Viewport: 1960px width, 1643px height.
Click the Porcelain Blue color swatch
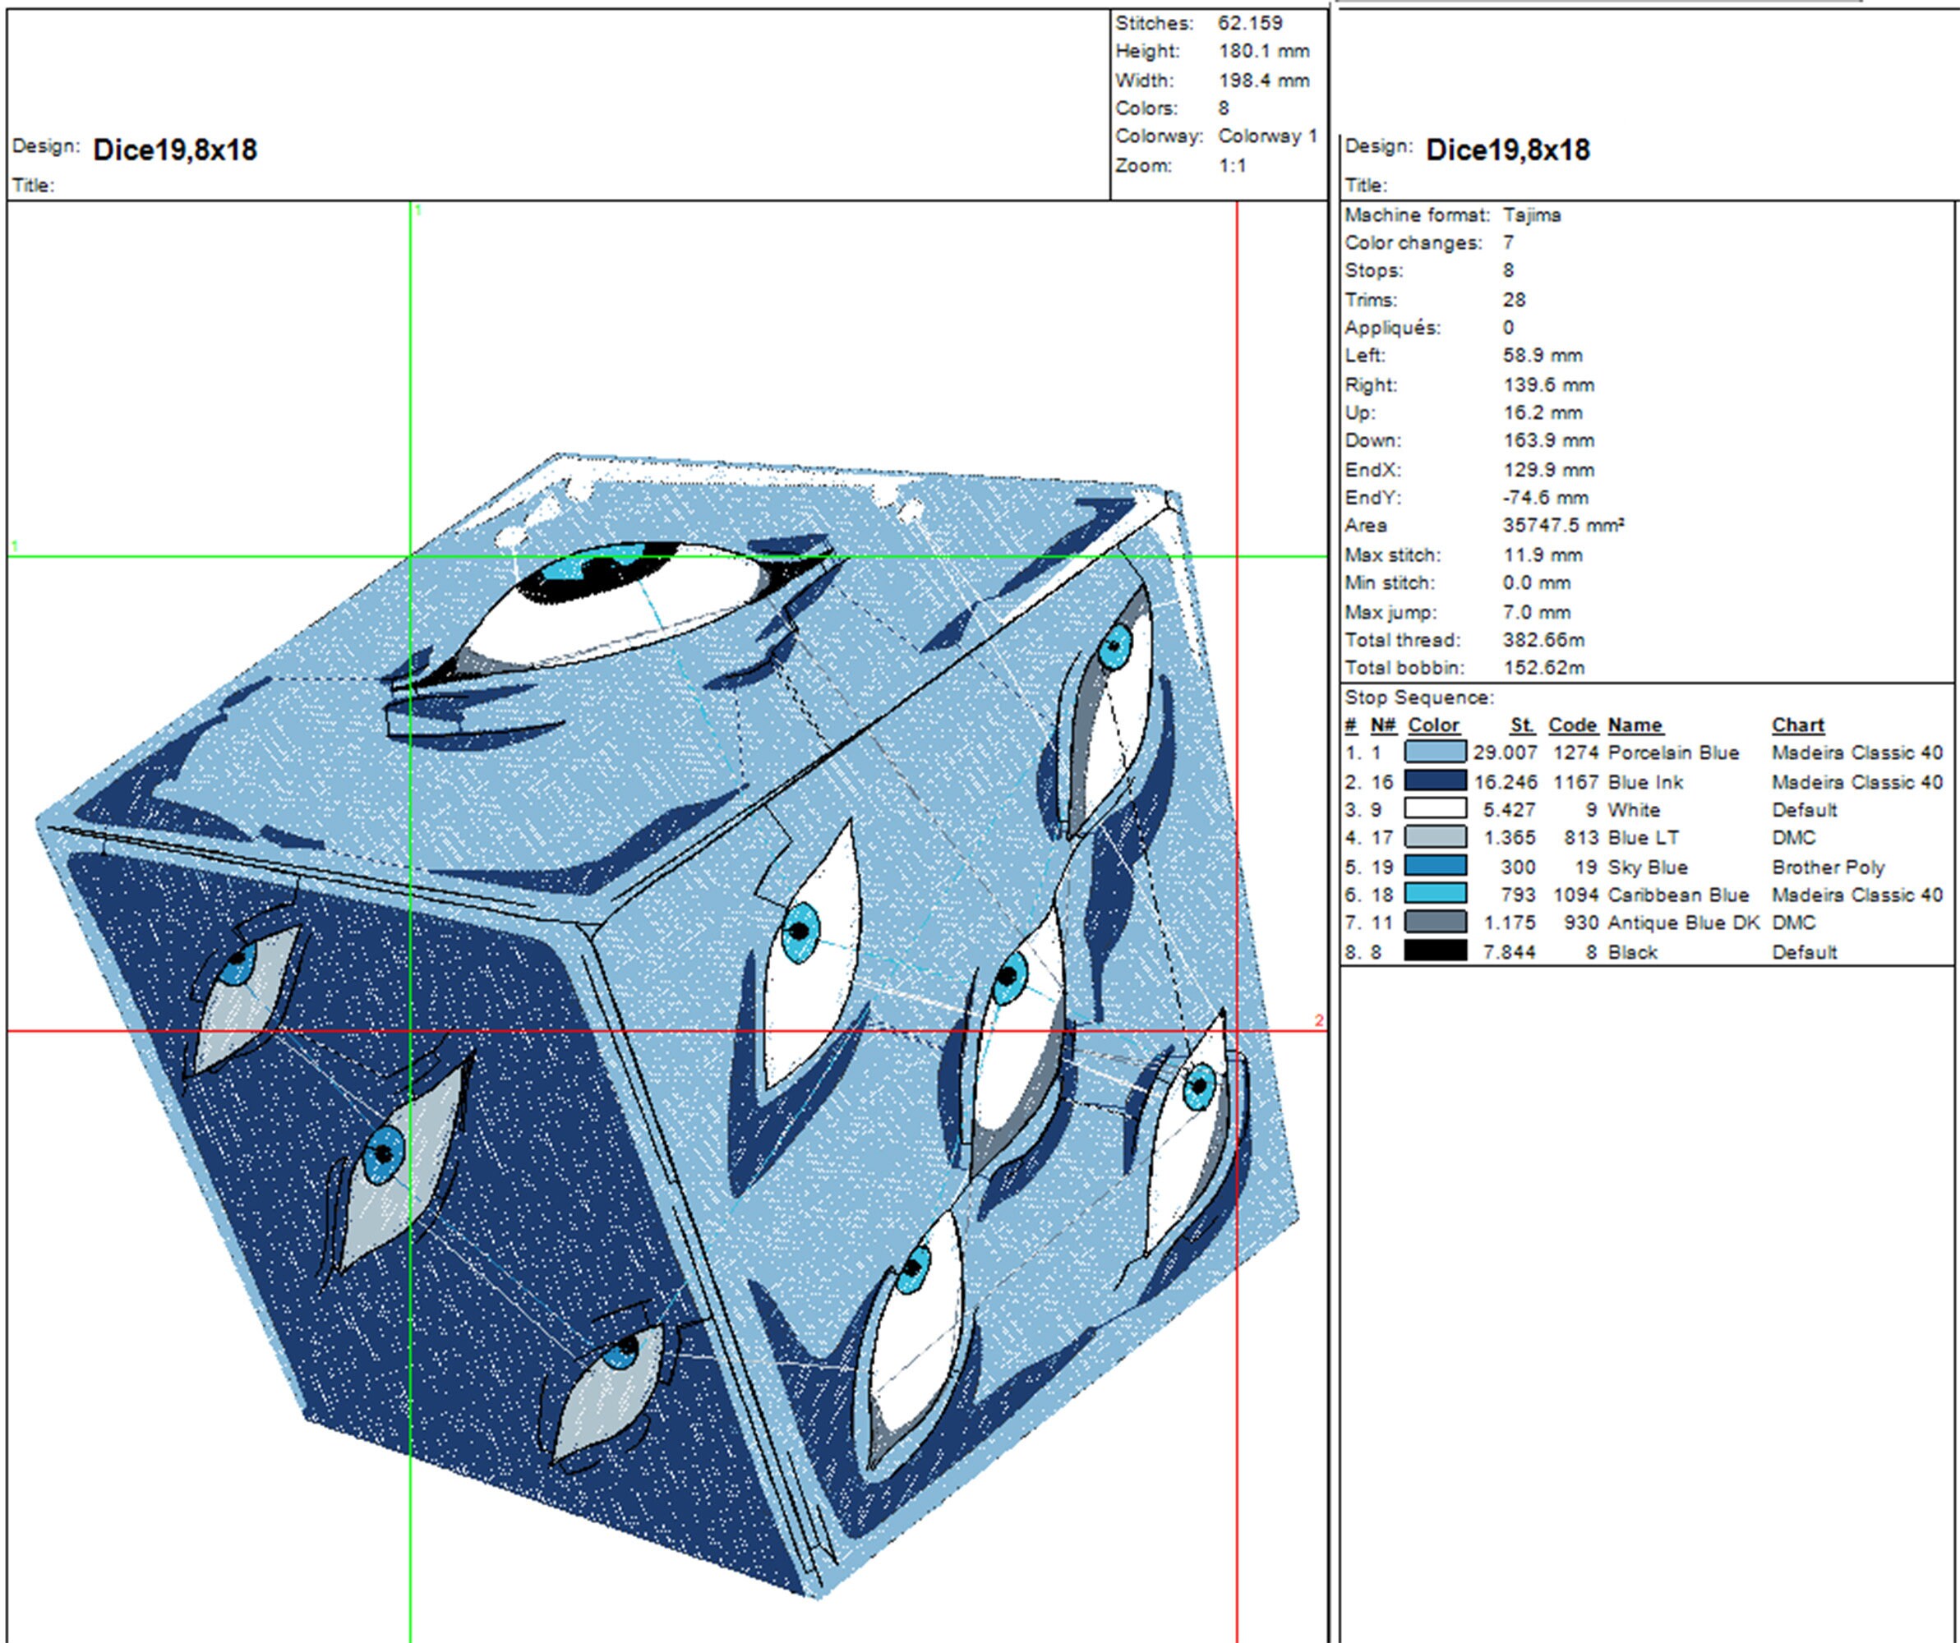click(x=1435, y=752)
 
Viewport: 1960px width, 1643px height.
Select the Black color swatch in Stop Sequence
click(x=1435, y=951)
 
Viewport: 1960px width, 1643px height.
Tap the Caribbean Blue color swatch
click(x=1435, y=895)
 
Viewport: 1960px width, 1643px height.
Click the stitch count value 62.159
click(x=1250, y=23)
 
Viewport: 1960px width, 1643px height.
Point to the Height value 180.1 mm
click(x=1264, y=51)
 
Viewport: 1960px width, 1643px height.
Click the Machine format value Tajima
click(x=1532, y=215)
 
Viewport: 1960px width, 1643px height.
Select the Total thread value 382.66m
click(x=1543, y=640)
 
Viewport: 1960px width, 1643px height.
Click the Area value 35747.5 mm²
click(x=1563, y=525)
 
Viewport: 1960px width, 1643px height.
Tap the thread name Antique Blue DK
click(x=1683, y=923)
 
